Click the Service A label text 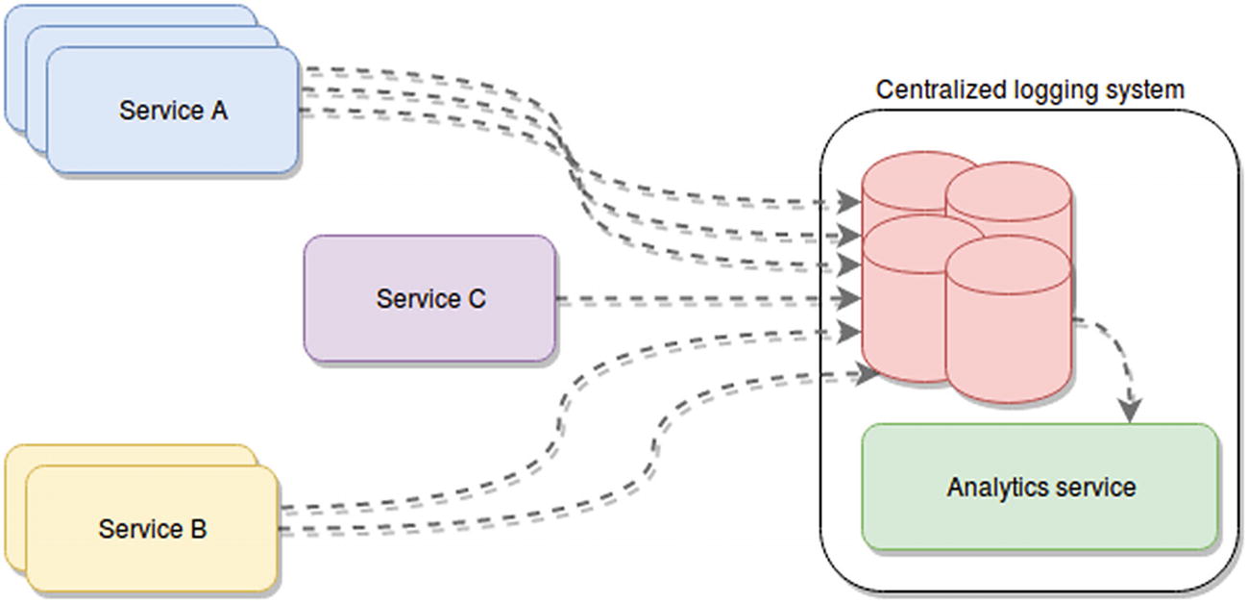tap(173, 111)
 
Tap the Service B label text tap(152, 529)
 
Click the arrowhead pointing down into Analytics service tap(1132, 411)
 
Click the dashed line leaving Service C tap(692, 300)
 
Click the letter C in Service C tap(477, 299)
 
